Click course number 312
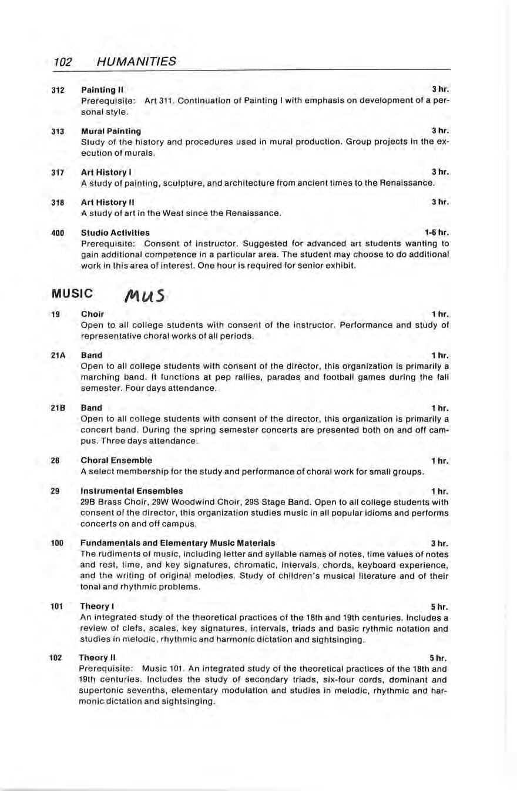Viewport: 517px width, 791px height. coord(57,90)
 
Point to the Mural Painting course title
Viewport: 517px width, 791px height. coord(111,131)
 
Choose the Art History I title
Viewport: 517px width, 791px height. coord(105,172)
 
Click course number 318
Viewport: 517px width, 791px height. coord(57,202)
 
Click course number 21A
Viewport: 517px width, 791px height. coord(58,355)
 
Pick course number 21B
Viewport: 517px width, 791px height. coord(58,407)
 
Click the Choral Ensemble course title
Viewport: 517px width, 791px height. coord(116,460)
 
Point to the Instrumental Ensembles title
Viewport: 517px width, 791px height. coord(132,491)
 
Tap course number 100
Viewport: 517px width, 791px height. coord(57,542)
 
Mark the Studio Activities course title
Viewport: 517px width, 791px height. coord(115,232)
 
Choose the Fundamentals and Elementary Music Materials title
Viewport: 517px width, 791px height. coord(177,542)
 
